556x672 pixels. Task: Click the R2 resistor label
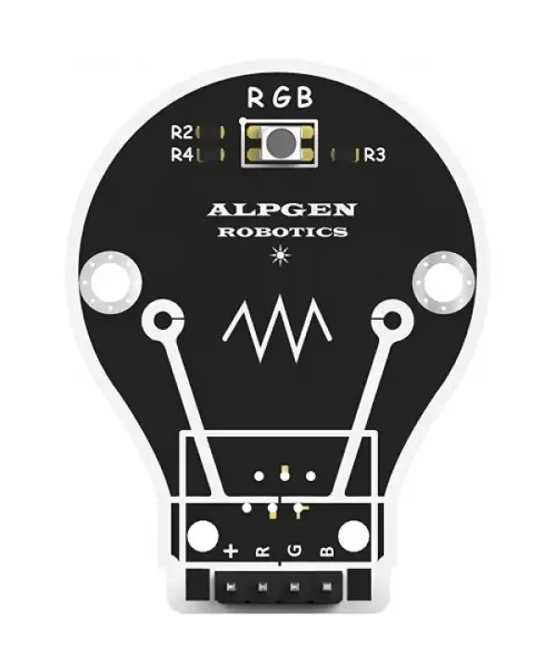(181, 133)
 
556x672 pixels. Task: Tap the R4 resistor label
(181, 155)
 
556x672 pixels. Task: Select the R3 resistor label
(374, 155)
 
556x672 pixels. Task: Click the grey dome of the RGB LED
(278, 143)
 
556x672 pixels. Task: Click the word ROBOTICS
(282, 232)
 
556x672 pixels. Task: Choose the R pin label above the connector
(263, 552)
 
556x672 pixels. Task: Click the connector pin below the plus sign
(232, 587)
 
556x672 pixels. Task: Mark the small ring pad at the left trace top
(163, 322)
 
